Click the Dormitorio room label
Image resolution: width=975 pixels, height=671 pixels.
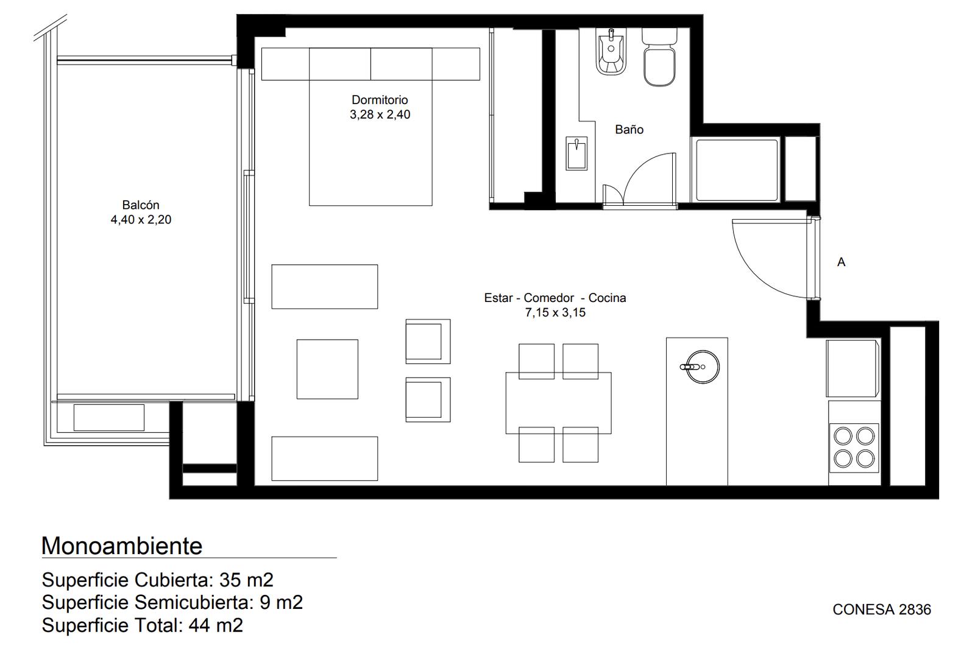pos(380,100)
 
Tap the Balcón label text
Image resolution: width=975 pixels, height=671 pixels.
pos(141,205)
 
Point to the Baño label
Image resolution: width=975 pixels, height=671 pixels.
pos(629,129)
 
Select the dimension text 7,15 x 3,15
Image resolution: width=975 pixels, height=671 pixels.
pos(555,313)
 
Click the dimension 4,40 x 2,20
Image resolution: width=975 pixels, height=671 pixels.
pos(141,220)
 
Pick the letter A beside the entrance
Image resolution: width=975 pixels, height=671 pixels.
pos(841,262)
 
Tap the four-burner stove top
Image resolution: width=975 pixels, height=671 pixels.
pos(854,448)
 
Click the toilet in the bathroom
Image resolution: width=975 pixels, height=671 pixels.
pos(659,57)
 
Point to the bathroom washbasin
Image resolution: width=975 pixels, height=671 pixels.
pos(576,153)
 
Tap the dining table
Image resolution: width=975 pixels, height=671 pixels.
pos(558,403)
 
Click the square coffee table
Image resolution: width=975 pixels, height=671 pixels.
pos(327,369)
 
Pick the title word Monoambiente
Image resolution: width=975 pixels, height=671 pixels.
pos(122,546)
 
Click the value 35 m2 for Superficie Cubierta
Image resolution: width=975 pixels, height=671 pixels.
pos(246,580)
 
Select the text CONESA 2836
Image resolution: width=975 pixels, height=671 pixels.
pos(882,610)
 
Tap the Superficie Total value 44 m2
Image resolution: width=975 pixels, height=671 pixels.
pos(216,625)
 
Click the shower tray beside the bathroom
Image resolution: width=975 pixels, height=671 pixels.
pos(737,170)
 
